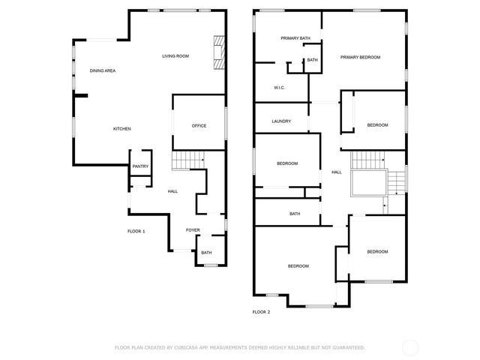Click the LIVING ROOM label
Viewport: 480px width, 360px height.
pyautogui.click(x=175, y=56)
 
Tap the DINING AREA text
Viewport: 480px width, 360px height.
pyautogui.click(x=102, y=70)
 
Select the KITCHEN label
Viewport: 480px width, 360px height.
pyautogui.click(x=122, y=129)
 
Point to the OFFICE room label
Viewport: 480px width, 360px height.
pyautogui.click(x=199, y=125)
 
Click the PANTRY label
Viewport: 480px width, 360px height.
pyautogui.click(x=140, y=166)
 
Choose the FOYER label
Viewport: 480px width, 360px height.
pyautogui.click(x=193, y=230)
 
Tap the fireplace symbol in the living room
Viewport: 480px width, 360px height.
pyautogui.click(x=219, y=53)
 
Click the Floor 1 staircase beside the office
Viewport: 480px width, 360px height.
pyautogui.click(x=188, y=160)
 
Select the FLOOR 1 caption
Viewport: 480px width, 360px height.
pyautogui.click(x=136, y=231)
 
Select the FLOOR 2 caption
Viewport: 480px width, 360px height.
pyautogui.click(x=261, y=311)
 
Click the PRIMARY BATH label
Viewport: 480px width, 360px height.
pyautogui.click(x=295, y=38)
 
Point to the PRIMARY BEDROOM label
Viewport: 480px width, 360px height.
pyautogui.click(x=360, y=57)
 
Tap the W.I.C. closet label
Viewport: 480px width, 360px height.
pyautogui.click(x=279, y=88)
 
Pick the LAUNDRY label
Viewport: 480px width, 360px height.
pyautogui.click(x=281, y=121)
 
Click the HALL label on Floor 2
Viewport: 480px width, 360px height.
pyautogui.click(x=337, y=172)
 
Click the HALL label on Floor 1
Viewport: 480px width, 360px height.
pyautogui.click(x=172, y=191)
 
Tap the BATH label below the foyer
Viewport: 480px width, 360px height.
pyautogui.click(x=206, y=253)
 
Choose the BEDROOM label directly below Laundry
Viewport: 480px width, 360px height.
pyautogui.click(x=287, y=163)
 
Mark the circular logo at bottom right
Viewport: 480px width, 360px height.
pyautogui.click(x=410, y=347)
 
